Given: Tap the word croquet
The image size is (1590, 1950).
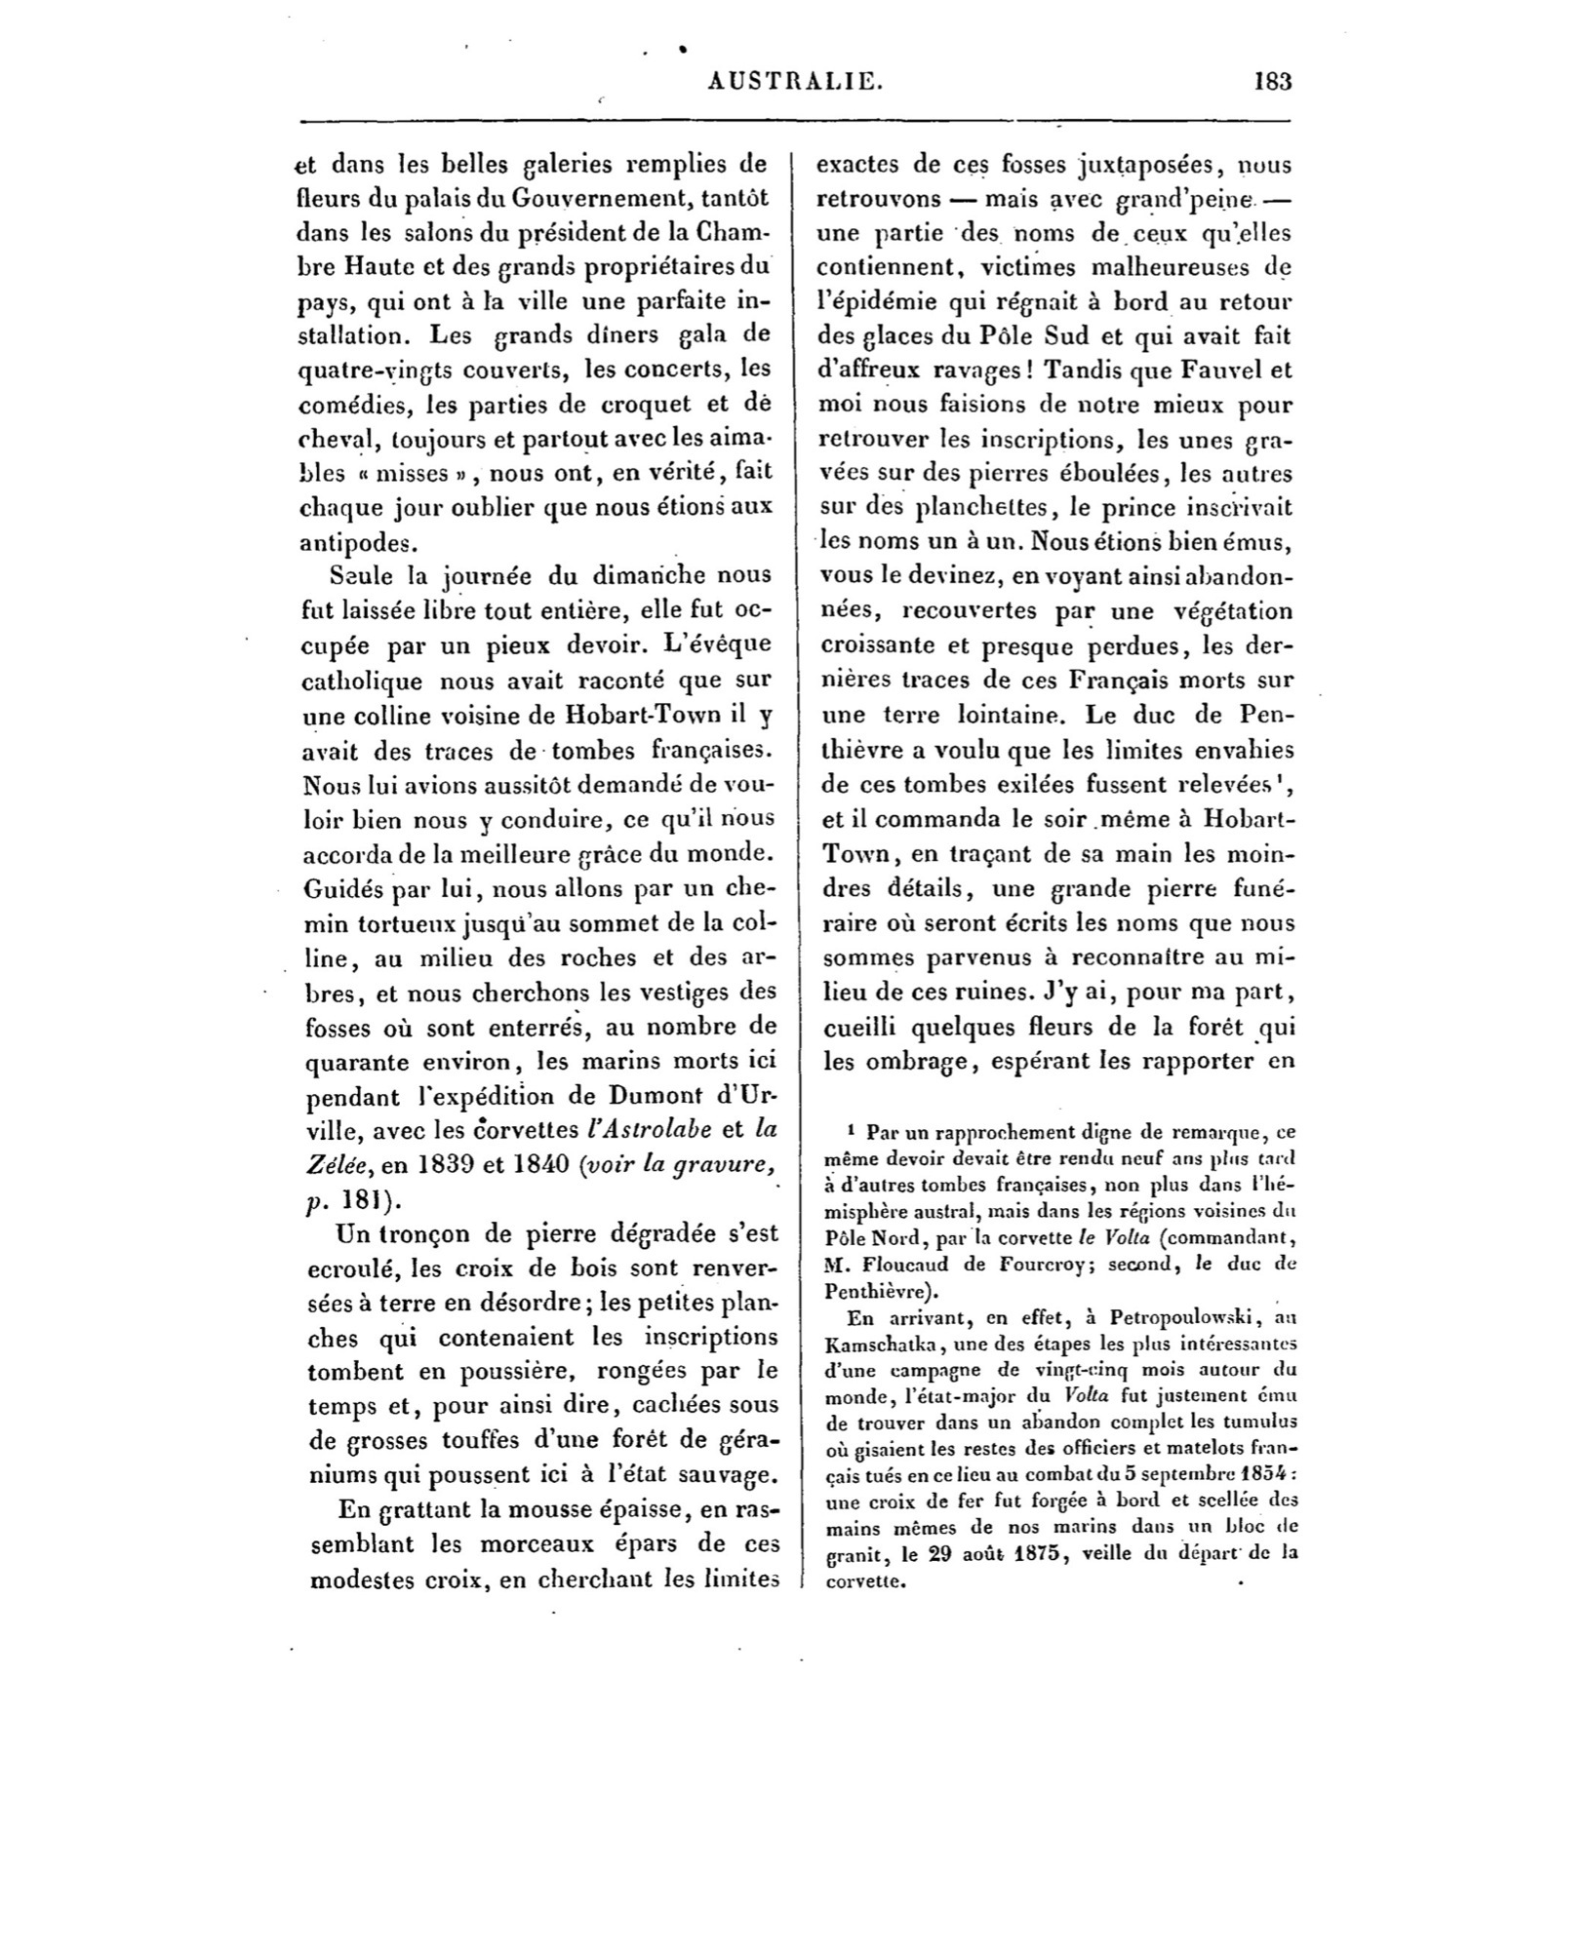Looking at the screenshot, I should (x=598, y=404).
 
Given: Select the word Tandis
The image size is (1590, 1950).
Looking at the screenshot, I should (x=1076, y=370).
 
